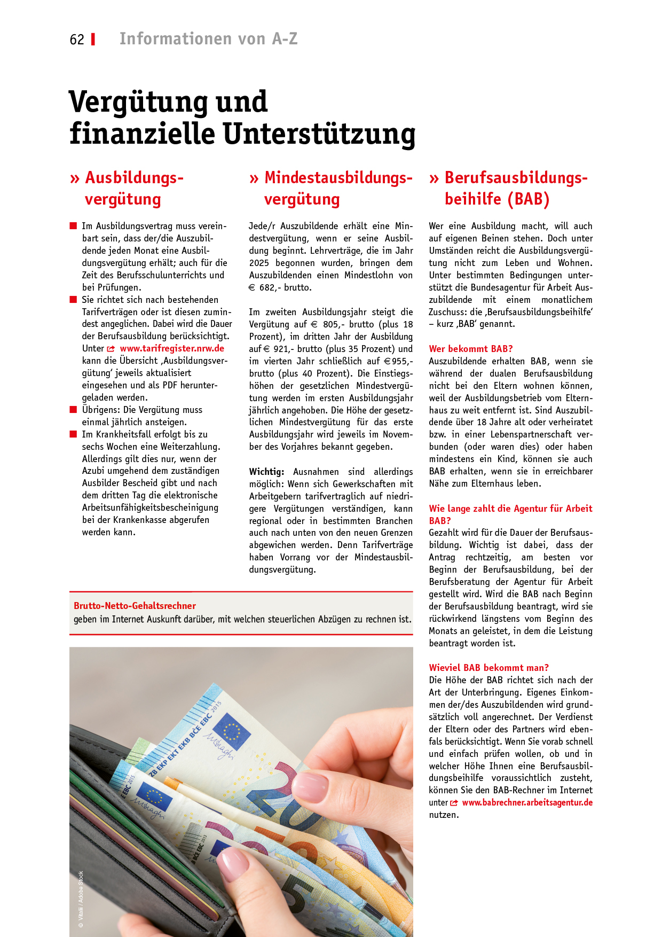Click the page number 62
point(77,40)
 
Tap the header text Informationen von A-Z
point(208,39)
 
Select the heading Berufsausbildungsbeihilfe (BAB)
point(516,188)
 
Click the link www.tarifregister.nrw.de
point(172,348)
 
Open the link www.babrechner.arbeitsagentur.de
point(527,802)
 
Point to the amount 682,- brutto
point(285,287)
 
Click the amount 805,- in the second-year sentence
point(330,324)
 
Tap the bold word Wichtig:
point(266,472)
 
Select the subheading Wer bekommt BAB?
point(470,349)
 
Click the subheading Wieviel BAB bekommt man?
point(488,668)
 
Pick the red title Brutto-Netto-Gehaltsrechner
point(135,606)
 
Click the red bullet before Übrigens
point(74,410)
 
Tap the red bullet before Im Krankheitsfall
point(74,434)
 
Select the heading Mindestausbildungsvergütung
point(338,188)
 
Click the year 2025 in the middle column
point(259,263)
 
